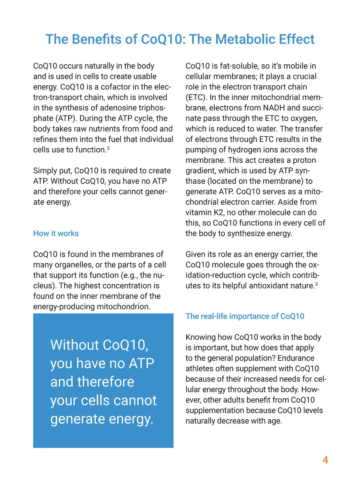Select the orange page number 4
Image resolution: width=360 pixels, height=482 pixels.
pos(325,460)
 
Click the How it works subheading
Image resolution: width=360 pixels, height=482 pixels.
pos(56,233)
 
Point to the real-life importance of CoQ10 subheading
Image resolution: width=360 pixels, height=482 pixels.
pos(245,316)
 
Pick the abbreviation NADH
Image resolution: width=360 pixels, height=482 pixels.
pos(274,108)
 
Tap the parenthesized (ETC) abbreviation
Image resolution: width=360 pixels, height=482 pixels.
pos(196,97)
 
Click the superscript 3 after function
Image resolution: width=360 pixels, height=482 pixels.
pos(108,148)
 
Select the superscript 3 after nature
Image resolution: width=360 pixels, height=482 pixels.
pos(316,284)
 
